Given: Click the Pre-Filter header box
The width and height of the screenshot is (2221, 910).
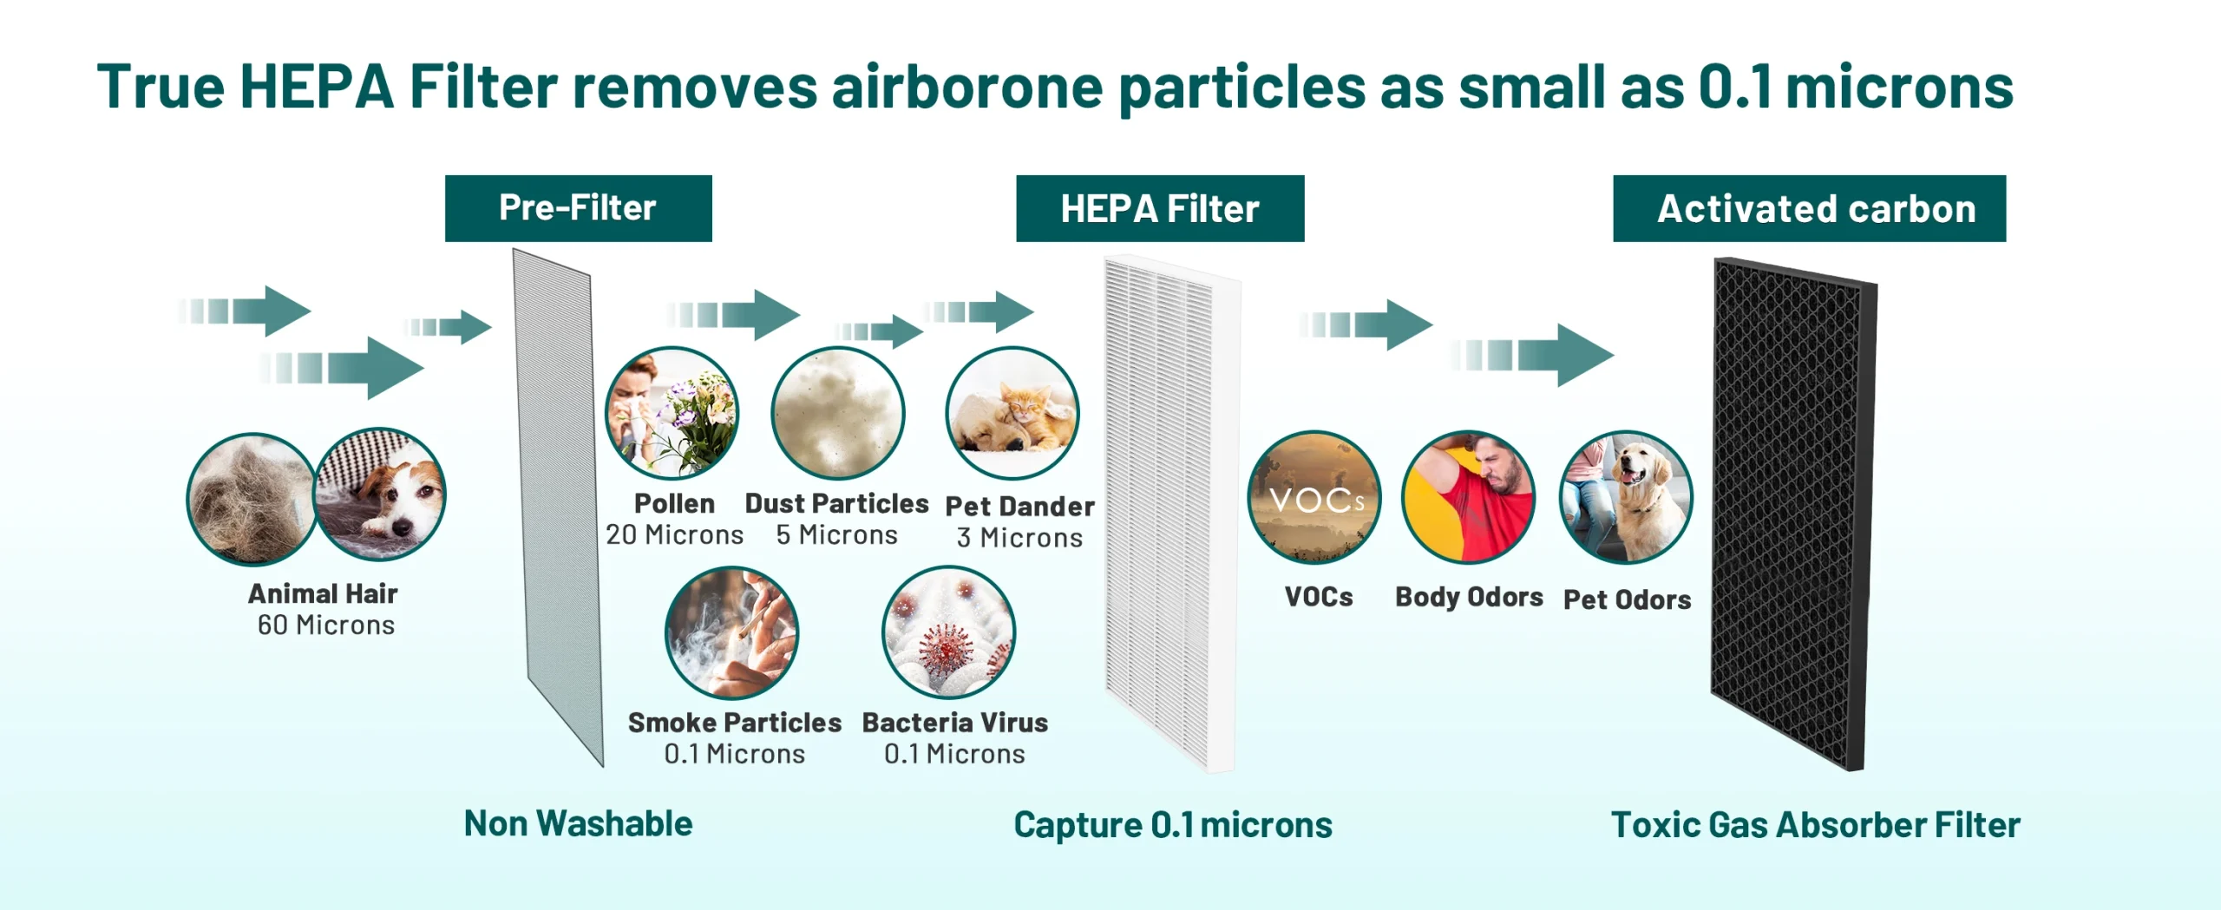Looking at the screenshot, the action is coord(579,208).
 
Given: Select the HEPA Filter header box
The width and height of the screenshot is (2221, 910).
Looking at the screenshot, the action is coord(1160,208).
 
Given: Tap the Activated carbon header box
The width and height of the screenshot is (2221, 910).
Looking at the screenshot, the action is coord(1810,208).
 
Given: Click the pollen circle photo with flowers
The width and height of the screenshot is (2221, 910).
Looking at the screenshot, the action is coord(672,413).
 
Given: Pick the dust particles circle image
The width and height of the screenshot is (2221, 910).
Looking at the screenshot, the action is coord(838,413).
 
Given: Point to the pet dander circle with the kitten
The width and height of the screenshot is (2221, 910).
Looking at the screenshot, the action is coord(1012,413).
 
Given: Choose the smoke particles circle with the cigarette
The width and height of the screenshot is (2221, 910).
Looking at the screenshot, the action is coord(732,632).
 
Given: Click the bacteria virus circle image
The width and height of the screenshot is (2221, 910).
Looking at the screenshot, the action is coord(949,632).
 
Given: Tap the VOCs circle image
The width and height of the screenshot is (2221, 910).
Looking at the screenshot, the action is coord(1314,497).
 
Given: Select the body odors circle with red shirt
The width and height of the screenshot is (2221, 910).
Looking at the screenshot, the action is coord(1469,497).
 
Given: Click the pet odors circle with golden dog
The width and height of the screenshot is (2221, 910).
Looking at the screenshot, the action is coord(1626,497).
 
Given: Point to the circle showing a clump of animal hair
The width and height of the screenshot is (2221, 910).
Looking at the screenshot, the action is coord(252,500).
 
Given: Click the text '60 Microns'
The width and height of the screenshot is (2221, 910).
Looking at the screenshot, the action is coord(326,625).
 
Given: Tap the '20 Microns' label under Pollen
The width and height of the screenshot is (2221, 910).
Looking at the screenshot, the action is coord(675,534).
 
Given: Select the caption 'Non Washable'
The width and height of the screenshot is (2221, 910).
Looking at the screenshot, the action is coord(579,823).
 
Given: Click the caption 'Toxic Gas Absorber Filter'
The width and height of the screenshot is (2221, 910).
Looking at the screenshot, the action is coord(1816,825).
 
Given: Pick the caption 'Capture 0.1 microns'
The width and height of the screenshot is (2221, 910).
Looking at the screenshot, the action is coord(1173,825).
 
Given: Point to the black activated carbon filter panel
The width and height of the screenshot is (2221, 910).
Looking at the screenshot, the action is coord(1794,514).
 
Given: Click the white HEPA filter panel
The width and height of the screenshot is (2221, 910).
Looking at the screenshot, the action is coord(1172,514).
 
